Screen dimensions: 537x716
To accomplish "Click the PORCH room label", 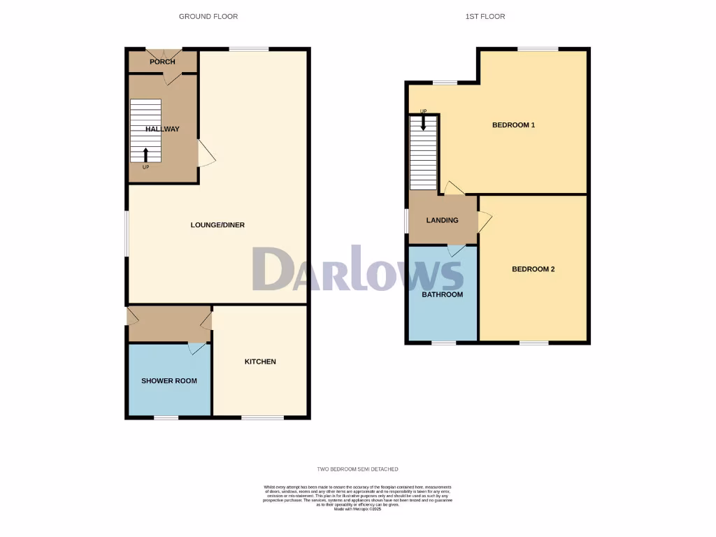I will tap(162, 62).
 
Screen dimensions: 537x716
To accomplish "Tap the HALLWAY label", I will tap(162, 129).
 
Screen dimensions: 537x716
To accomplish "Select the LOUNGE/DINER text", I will tap(217, 225).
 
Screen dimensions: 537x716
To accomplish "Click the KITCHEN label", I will tap(260, 361).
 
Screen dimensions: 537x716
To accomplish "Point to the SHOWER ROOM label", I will tap(169, 381).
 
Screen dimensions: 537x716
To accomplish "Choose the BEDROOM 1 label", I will tap(513, 125).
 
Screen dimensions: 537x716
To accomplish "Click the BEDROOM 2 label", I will tap(533, 268).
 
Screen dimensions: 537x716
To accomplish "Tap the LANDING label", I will tap(443, 220).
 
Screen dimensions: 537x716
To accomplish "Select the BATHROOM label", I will tap(442, 294).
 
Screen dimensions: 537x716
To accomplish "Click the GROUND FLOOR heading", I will tap(208, 16).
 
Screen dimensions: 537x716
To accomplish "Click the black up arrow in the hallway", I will tap(145, 155).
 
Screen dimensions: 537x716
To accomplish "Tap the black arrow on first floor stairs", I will tap(423, 123).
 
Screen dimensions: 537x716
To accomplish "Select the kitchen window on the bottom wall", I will tap(263, 417).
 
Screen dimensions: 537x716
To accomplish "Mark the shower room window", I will tap(166, 417).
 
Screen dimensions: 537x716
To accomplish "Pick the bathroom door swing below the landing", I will tap(455, 250).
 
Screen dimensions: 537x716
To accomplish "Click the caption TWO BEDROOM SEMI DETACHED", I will tap(357, 469).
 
